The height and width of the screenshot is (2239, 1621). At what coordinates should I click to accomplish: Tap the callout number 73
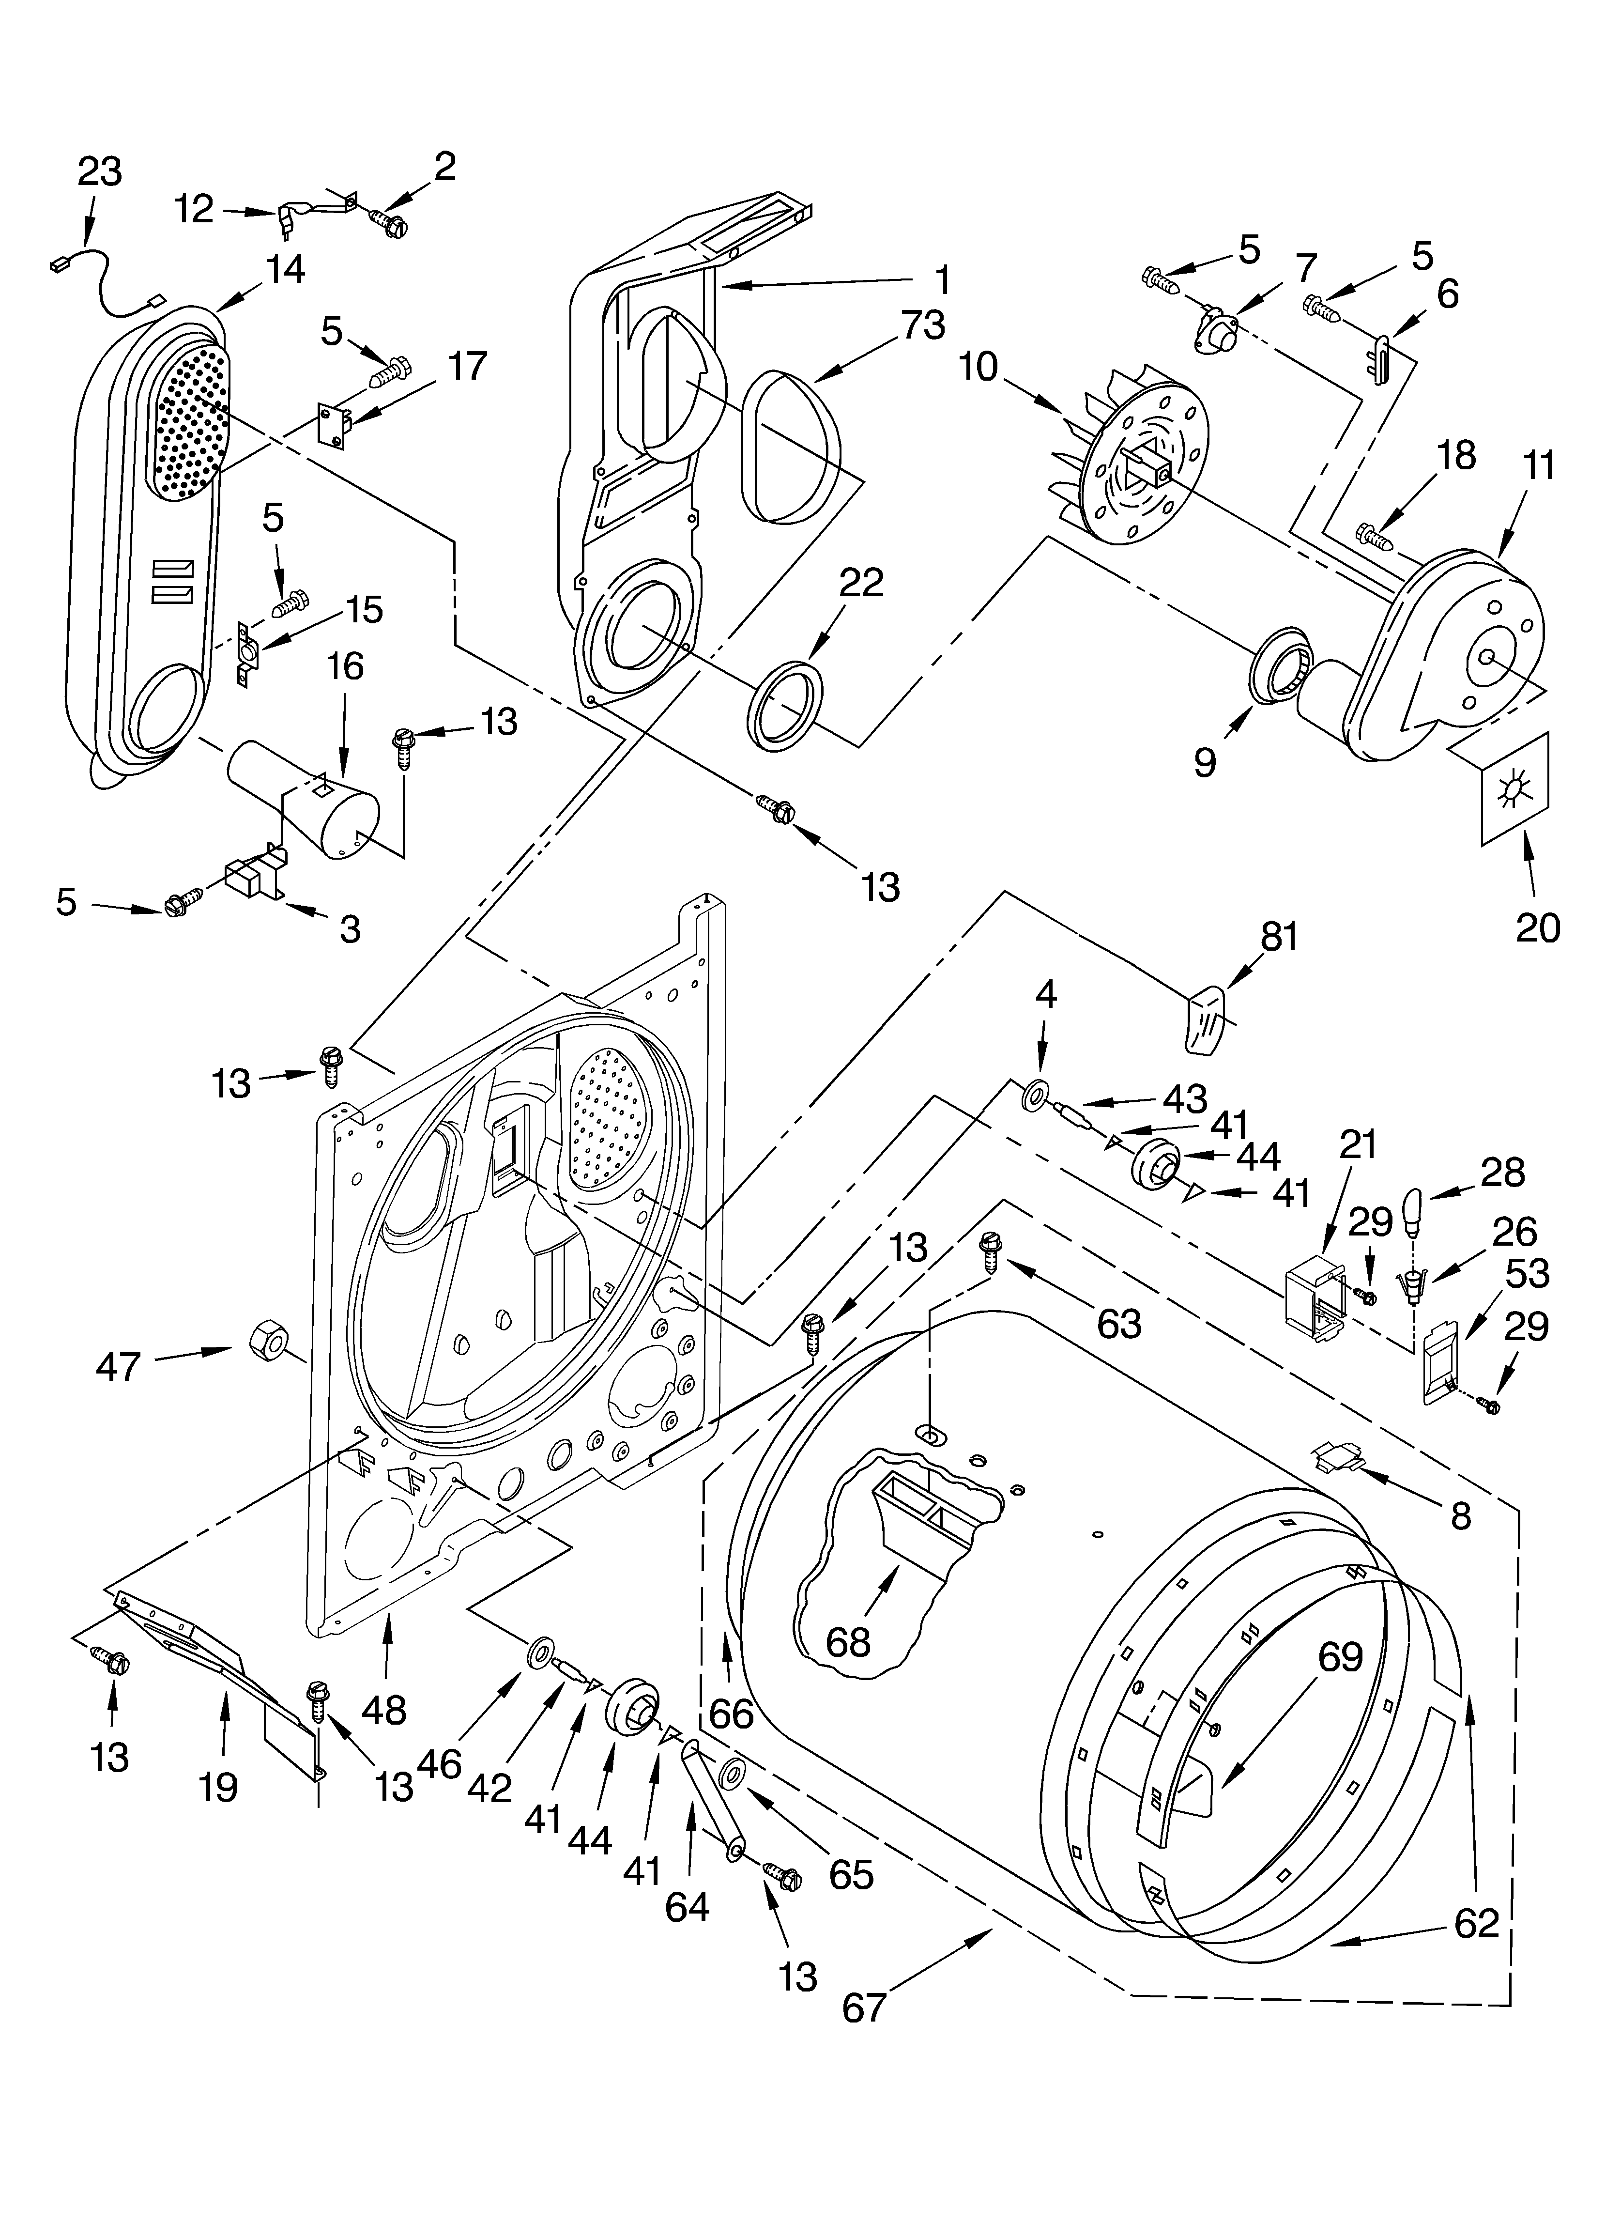click(x=923, y=325)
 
